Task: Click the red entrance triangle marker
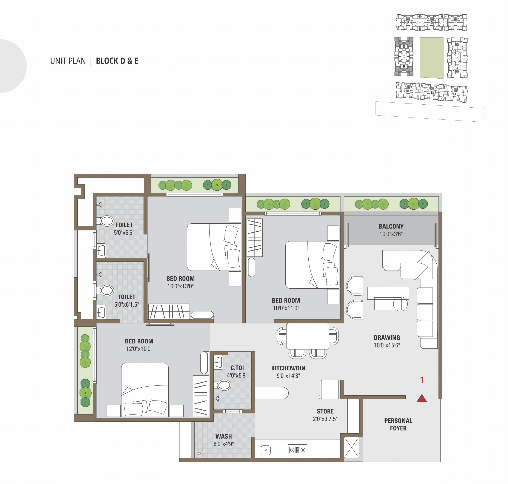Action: click(422, 398)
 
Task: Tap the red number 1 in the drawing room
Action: click(422, 380)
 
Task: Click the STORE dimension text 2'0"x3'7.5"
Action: click(325, 419)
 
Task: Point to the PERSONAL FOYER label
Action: click(398, 424)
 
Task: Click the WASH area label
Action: click(224, 436)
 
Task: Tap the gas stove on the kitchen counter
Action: click(298, 450)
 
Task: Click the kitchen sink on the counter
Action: click(266, 450)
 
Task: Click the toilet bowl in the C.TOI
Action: click(224, 385)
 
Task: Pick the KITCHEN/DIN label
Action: click(288, 368)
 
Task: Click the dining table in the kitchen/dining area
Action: click(308, 336)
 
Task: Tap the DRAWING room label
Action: click(387, 337)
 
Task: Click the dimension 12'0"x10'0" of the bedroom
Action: click(139, 349)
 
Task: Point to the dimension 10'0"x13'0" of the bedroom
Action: click(180, 286)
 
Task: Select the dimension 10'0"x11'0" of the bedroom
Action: click(286, 308)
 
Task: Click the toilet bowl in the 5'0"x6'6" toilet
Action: click(106, 221)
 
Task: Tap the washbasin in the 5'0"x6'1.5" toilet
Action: click(101, 312)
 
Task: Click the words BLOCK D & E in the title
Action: click(117, 61)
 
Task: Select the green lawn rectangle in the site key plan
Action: click(431, 58)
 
